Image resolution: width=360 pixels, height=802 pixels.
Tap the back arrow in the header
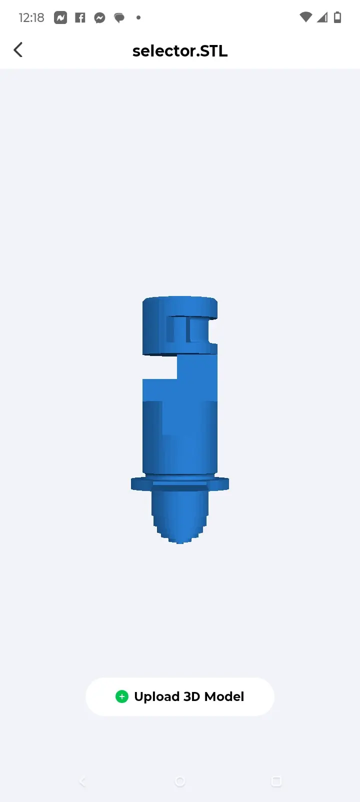click(x=18, y=50)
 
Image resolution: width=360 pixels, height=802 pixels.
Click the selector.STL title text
click(x=180, y=51)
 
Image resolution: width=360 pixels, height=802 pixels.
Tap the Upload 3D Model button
click(x=180, y=696)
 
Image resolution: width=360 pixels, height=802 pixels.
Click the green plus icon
click(x=122, y=696)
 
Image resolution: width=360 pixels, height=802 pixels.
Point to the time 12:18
click(x=31, y=17)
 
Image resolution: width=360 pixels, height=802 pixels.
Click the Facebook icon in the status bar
click(x=80, y=17)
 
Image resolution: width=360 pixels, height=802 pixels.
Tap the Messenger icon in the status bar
click(x=99, y=17)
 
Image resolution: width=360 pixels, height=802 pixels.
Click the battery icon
click(x=337, y=17)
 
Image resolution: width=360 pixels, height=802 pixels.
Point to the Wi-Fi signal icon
click(x=305, y=17)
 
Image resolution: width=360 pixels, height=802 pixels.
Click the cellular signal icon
click(x=322, y=17)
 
